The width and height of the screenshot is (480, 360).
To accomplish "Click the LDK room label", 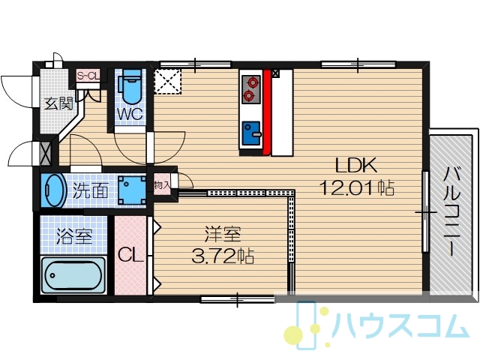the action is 356,166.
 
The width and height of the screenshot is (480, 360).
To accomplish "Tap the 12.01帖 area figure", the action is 357,187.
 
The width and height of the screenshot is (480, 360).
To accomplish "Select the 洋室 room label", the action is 223,235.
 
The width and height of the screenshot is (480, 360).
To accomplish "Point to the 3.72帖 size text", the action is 223,256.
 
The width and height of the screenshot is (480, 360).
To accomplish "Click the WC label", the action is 130,114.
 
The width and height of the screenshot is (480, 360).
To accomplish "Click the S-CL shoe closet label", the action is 88,76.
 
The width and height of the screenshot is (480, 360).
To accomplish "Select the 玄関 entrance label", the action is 59,103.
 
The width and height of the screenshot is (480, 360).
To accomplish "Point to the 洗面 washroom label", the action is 90,190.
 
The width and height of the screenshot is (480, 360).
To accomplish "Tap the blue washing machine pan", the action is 132,190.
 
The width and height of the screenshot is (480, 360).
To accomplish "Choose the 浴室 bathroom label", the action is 74,235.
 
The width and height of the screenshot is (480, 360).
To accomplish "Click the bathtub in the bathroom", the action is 73,275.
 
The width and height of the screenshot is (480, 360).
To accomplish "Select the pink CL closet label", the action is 130,255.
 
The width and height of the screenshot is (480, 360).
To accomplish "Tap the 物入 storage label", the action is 162,185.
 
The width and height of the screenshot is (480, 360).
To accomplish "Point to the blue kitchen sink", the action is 252,133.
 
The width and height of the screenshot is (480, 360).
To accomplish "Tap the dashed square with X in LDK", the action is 168,81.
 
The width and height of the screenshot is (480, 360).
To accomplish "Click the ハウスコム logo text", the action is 400,325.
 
